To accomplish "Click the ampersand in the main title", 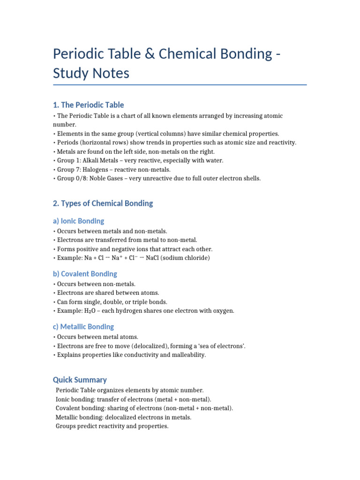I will coord(150,54).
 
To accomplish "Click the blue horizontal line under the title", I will coord(180,85).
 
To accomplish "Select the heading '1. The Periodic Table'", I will coord(89,105).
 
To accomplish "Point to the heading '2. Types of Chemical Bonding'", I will coord(103,203).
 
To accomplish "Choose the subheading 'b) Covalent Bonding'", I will coord(85,274).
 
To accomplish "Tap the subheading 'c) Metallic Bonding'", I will coord(83,327).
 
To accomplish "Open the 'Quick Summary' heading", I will coord(80,380).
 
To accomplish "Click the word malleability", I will coord(187,355).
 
